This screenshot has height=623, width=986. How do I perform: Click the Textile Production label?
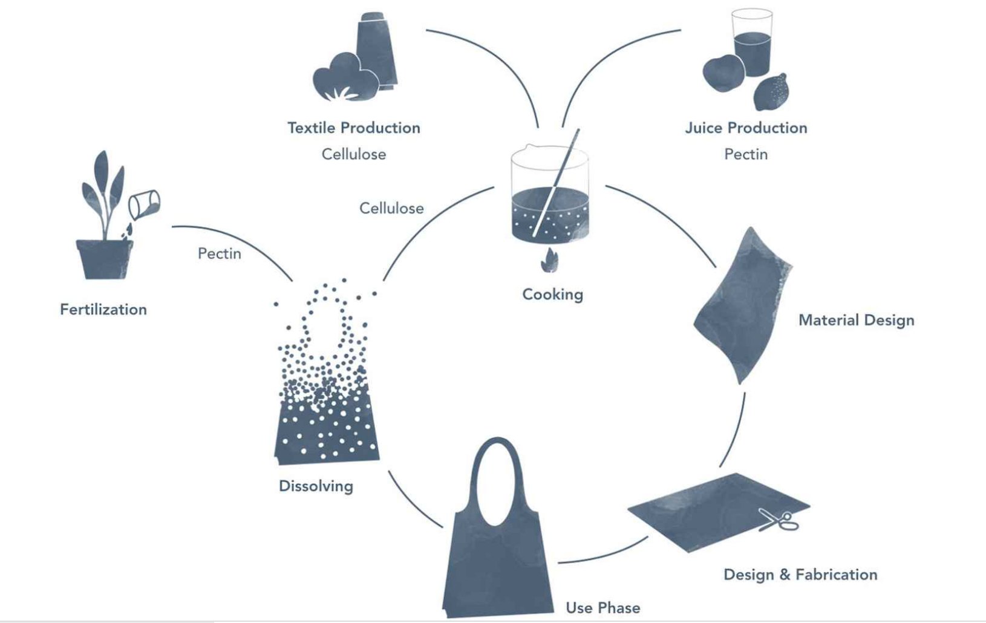point(353,128)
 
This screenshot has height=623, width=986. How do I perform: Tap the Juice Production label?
point(746,128)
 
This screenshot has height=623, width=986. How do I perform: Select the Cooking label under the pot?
point(552,295)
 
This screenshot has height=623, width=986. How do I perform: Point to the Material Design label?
point(856,320)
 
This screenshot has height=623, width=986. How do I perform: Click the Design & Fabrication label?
point(800,575)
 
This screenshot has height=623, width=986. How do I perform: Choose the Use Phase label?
point(602,608)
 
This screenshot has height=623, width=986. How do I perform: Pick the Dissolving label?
point(316,486)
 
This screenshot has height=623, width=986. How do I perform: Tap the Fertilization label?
point(103,310)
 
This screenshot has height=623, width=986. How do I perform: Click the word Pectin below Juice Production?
point(746,154)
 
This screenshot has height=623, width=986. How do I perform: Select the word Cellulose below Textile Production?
point(353,154)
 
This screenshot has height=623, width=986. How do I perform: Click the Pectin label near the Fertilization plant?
point(219,253)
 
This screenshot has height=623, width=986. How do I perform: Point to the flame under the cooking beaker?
point(549,261)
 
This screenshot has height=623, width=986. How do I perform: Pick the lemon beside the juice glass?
point(772,92)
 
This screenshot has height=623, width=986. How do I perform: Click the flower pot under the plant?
point(104,259)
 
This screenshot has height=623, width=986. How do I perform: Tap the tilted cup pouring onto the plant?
point(144,204)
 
